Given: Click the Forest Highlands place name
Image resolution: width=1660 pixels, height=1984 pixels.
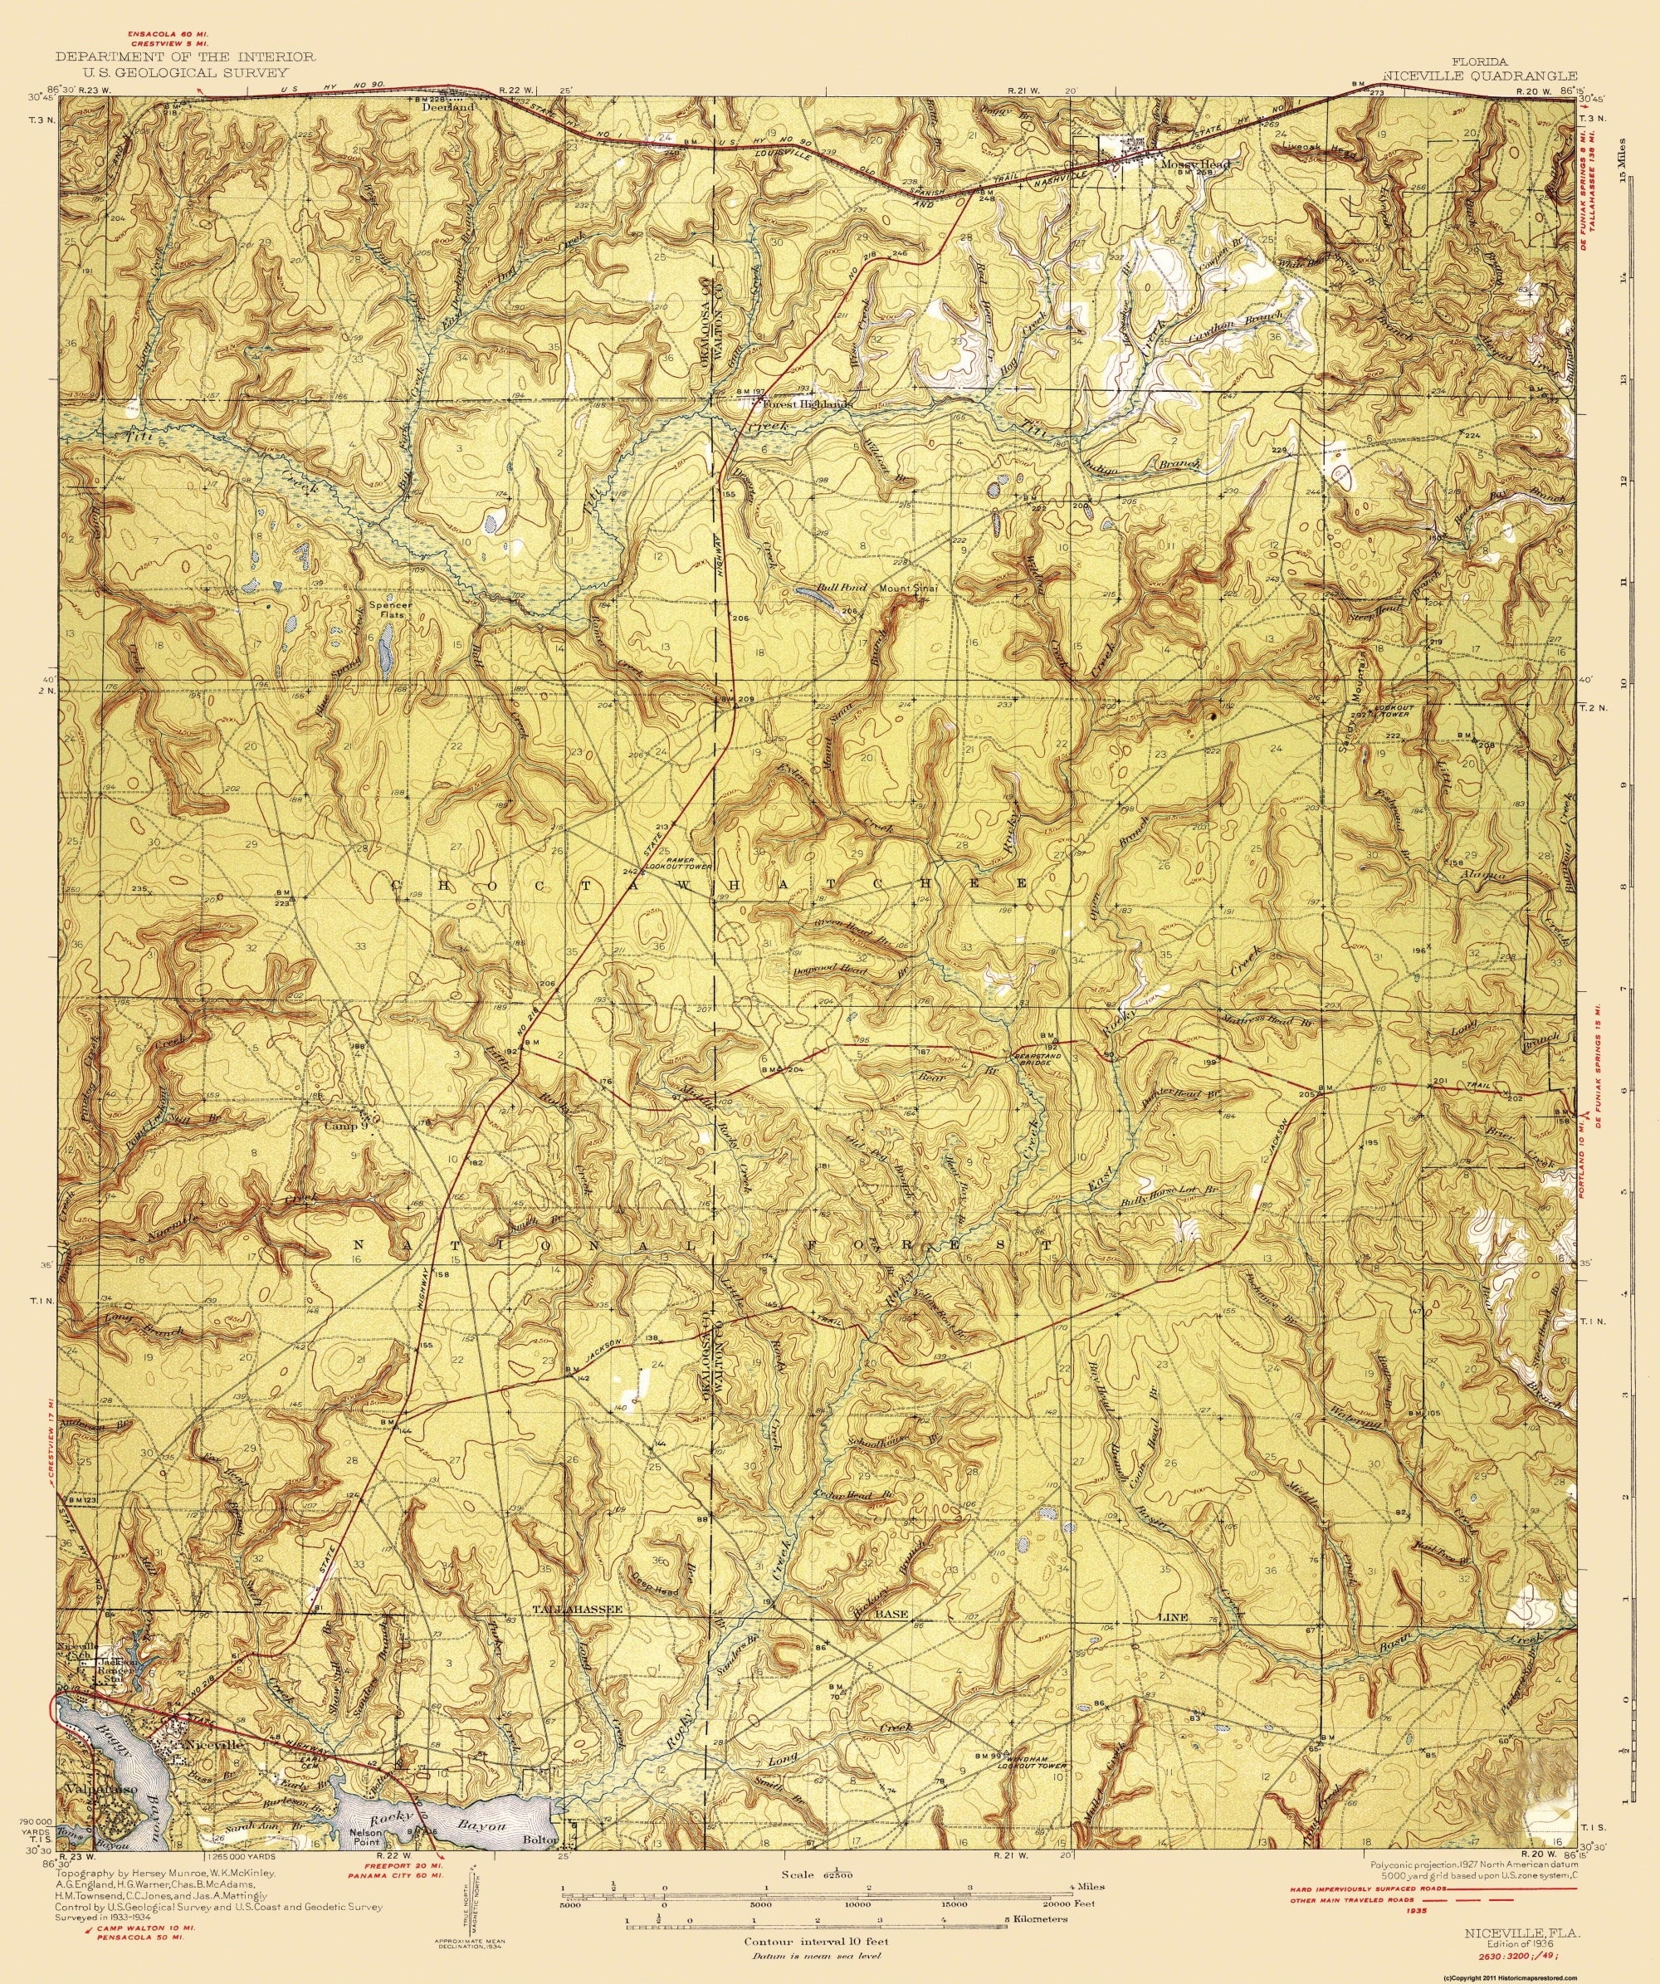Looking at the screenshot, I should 807,403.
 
